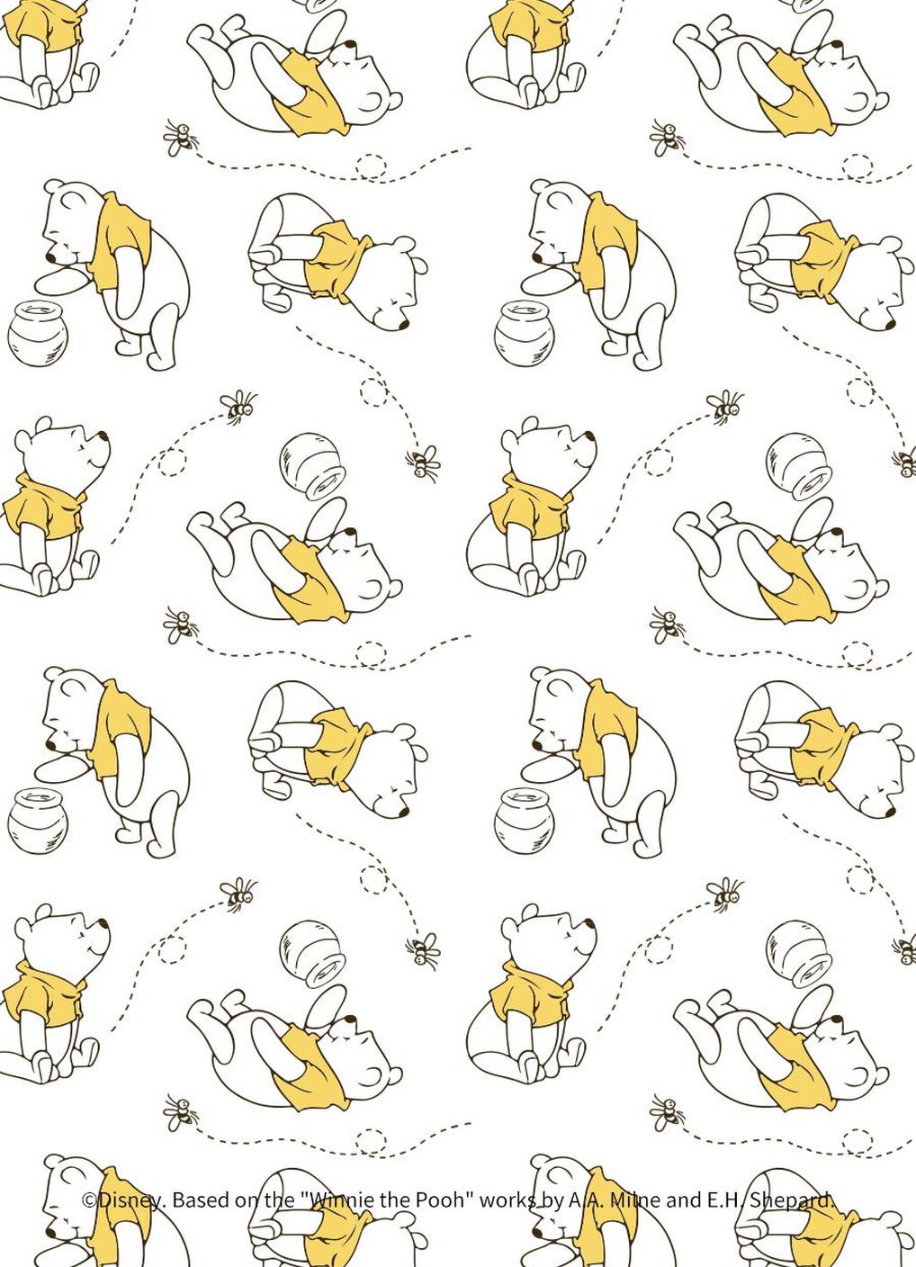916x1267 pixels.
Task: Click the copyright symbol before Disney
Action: (x=89, y=1200)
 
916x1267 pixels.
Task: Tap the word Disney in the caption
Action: (x=130, y=1200)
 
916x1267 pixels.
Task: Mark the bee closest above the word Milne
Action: (x=667, y=1113)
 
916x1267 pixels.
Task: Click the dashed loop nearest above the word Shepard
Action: (x=857, y=1138)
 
